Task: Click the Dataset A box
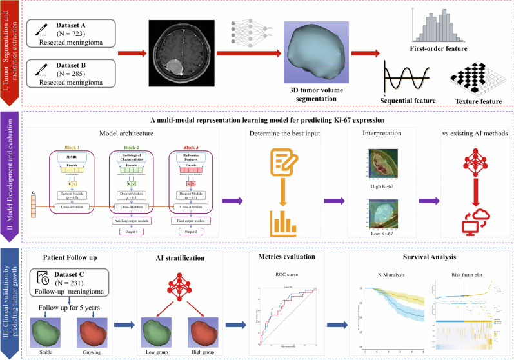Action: coord(74,35)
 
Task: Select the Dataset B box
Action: coord(74,72)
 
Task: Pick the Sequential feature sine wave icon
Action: coord(406,80)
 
